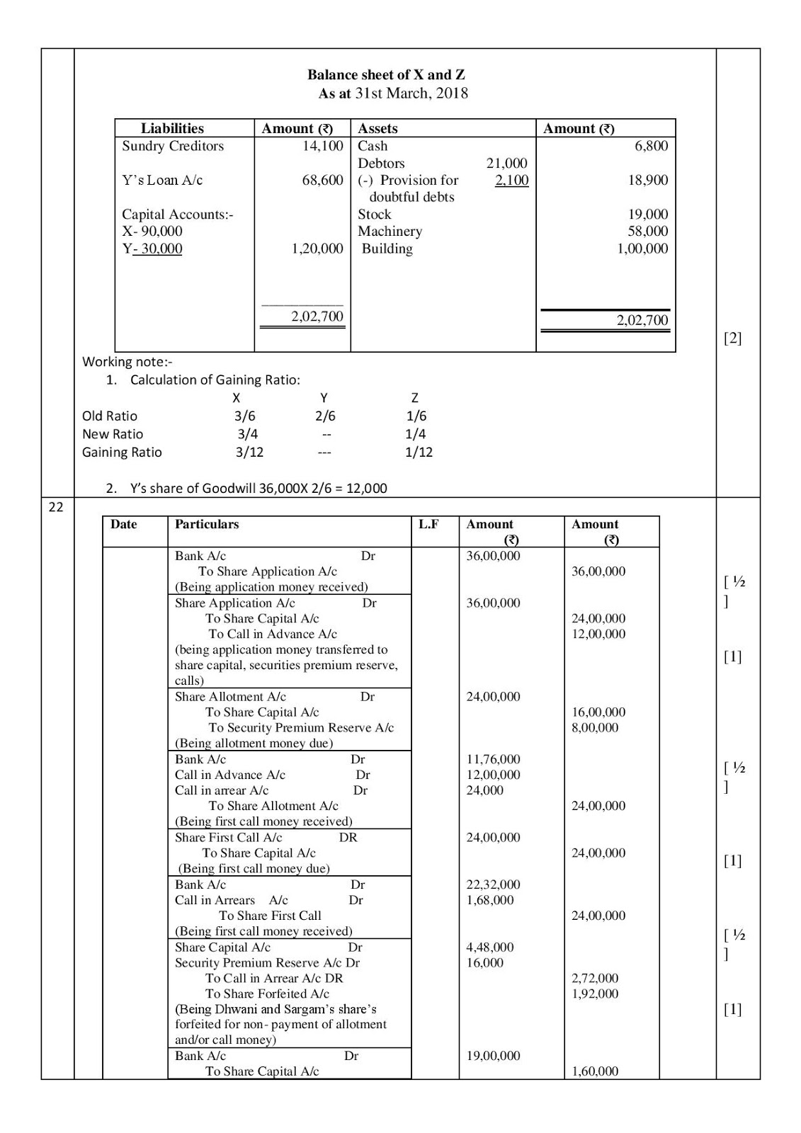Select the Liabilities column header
tap(172, 128)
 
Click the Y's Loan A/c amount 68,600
tap(322, 180)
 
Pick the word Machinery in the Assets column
tap(390, 231)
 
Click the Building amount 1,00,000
tap(642, 249)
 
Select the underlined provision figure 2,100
tap(511, 180)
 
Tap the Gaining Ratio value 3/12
tap(249, 452)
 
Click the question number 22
tap(56, 506)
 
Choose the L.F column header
tap(428, 524)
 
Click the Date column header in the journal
tap(124, 524)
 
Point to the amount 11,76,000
tap(493, 759)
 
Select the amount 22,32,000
tap(493, 884)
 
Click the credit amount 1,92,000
tap(595, 993)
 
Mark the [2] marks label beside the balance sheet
tap(732, 338)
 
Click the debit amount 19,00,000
tap(493, 1056)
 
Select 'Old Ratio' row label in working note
tap(110, 416)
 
